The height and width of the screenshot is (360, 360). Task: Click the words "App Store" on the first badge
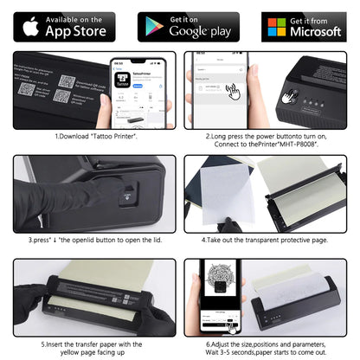77,31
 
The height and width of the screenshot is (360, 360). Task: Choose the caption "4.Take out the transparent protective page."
266,238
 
